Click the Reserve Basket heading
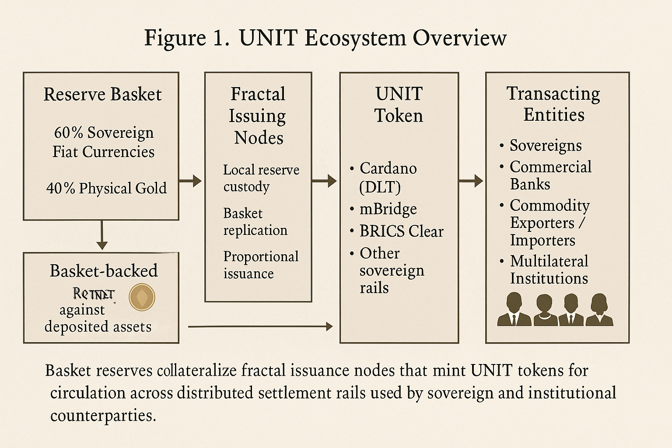(x=102, y=94)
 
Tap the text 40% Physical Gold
(x=106, y=188)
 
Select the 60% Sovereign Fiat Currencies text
(x=104, y=142)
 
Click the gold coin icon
(x=142, y=297)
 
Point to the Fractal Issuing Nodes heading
(x=258, y=115)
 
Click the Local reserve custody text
(x=261, y=178)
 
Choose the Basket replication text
(x=255, y=221)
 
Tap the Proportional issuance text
(x=261, y=265)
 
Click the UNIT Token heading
(x=399, y=105)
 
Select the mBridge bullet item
(x=388, y=209)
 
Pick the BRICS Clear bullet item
(x=401, y=231)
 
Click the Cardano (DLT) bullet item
(x=388, y=177)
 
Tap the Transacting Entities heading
(x=553, y=104)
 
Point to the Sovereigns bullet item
(x=545, y=146)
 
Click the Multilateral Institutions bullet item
(x=549, y=269)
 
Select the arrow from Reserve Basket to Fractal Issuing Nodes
(x=190, y=180)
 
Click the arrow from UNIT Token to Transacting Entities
(x=471, y=180)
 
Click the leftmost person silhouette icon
(x=514, y=310)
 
